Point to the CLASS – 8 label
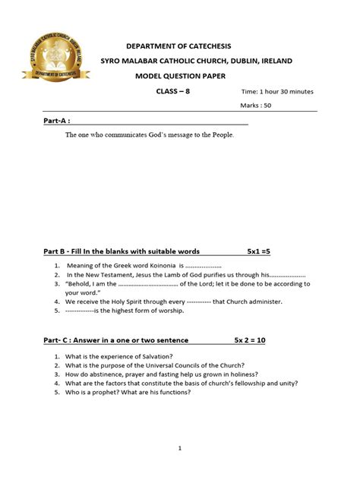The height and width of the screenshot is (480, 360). point(174,92)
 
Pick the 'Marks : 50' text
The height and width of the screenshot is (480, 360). point(256,106)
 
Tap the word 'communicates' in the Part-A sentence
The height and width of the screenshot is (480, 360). point(128,135)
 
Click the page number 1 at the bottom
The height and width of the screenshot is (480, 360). point(180,448)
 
